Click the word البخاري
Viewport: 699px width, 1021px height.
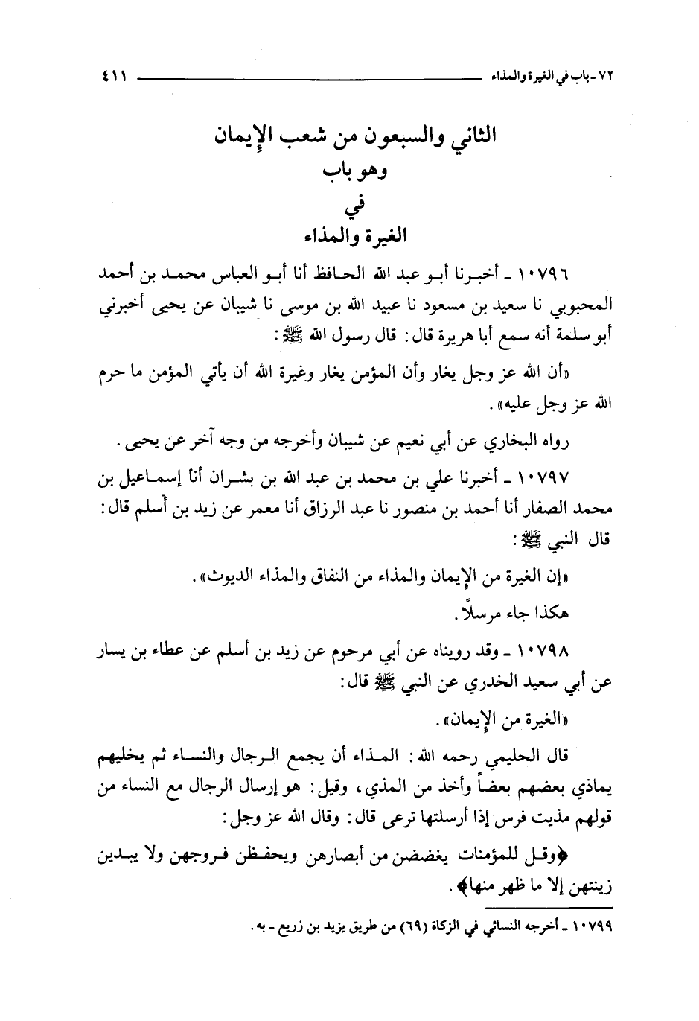pos(515,444)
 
